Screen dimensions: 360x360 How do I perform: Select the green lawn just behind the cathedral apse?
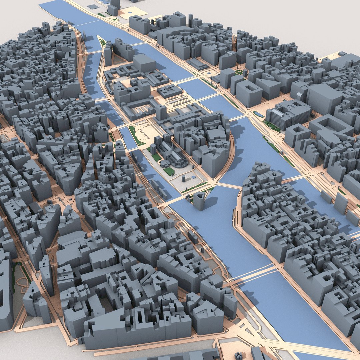click(169, 171)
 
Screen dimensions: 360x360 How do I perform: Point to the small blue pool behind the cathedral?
click(194, 177)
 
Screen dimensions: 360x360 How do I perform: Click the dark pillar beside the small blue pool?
click(183, 179)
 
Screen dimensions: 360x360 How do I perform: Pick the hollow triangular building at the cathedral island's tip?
click(199, 200)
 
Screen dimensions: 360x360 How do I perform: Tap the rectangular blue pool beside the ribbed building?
click(258, 114)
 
